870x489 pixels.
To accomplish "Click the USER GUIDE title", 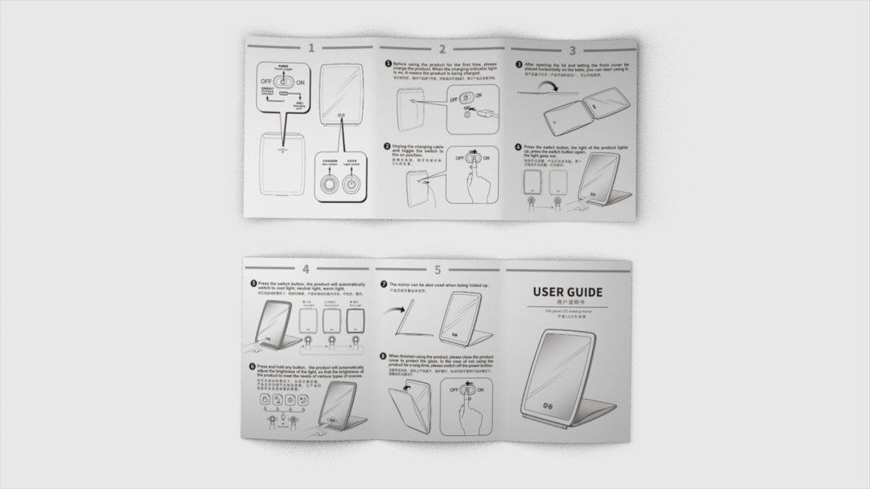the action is pos(567,292).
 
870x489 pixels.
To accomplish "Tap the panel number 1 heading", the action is pos(311,49).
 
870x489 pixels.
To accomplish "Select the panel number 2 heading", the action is pos(442,51).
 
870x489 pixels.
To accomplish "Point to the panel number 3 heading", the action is pos(572,51).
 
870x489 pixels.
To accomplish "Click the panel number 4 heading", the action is pos(306,269).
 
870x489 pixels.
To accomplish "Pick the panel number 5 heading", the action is pos(438,270).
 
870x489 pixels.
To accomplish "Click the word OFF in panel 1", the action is pos(266,82).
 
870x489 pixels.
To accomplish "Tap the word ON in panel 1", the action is pos(300,82).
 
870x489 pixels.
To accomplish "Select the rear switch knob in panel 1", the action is pos(328,184).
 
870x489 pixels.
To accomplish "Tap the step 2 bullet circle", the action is pos(388,147).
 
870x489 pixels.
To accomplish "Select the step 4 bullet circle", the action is pos(519,148).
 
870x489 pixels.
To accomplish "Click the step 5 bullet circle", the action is pos(254,284).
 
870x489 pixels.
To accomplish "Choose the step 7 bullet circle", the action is pos(384,284).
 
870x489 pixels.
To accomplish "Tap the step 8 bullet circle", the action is pos(384,356).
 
